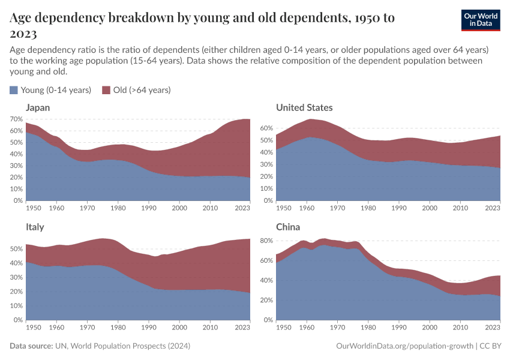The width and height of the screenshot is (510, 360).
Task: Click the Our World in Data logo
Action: click(x=481, y=20)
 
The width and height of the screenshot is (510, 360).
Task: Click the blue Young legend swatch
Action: click(x=14, y=90)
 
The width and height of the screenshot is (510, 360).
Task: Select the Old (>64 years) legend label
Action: click(x=142, y=90)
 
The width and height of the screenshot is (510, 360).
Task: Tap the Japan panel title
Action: click(x=37, y=107)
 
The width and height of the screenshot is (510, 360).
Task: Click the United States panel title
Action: click(x=304, y=107)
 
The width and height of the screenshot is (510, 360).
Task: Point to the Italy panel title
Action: click(x=35, y=227)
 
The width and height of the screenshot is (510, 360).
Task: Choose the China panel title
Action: click(x=288, y=227)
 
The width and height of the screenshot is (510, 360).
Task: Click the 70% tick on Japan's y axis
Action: click(x=17, y=119)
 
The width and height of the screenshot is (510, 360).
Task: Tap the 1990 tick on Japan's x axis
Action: click(x=149, y=208)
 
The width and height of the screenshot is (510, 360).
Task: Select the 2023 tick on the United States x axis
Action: click(x=493, y=208)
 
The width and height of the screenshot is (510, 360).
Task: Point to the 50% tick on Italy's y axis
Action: click(x=17, y=247)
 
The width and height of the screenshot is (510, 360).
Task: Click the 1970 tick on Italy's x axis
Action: click(x=88, y=328)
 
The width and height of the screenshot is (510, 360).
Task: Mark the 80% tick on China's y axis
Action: click(x=267, y=241)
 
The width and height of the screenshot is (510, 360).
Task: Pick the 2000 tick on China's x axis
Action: click(x=430, y=328)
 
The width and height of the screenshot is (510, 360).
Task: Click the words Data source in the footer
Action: click(x=31, y=346)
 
